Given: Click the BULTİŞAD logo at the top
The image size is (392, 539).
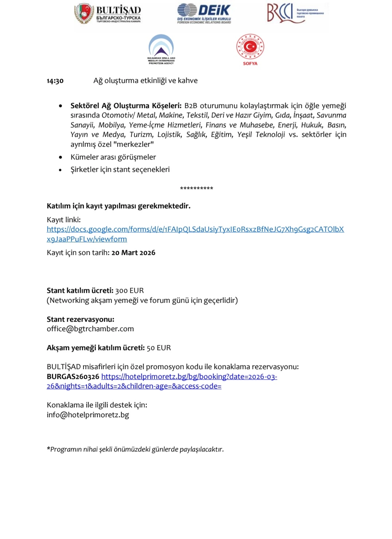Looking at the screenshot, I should [x=108, y=14].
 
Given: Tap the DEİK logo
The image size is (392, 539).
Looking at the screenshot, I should [x=204, y=14].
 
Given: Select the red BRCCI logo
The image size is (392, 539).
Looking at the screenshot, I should [x=295, y=13].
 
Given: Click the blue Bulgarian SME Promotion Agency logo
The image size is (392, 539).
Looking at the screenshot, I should [x=161, y=49].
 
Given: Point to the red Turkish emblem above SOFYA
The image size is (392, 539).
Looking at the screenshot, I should [x=250, y=47].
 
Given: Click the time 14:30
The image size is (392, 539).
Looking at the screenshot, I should [x=55, y=81].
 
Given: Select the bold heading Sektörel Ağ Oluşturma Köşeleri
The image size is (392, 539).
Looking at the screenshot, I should [x=126, y=106].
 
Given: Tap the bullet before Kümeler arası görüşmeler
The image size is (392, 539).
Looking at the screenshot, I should [x=60, y=157].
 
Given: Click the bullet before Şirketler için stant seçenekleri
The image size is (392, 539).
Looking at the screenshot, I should [x=60, y=170].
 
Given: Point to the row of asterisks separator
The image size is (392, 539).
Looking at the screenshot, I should [x=196, y=189].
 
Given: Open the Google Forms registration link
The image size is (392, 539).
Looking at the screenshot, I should [x=195, y=229].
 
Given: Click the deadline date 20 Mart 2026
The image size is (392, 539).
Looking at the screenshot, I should [x=133, y=253].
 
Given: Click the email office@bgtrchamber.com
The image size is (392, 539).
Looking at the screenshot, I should [x=90, y=329].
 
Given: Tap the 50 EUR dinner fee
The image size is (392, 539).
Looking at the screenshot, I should [x=159, y=348].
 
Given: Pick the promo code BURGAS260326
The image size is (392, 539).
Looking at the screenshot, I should [x=73, y=377].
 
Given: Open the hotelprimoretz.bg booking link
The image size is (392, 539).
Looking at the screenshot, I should [x=189, y=377].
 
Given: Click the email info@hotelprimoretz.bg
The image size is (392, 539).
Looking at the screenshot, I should [x=88, y=415].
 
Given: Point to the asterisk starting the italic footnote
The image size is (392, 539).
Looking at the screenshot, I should [x=48, y=449].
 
